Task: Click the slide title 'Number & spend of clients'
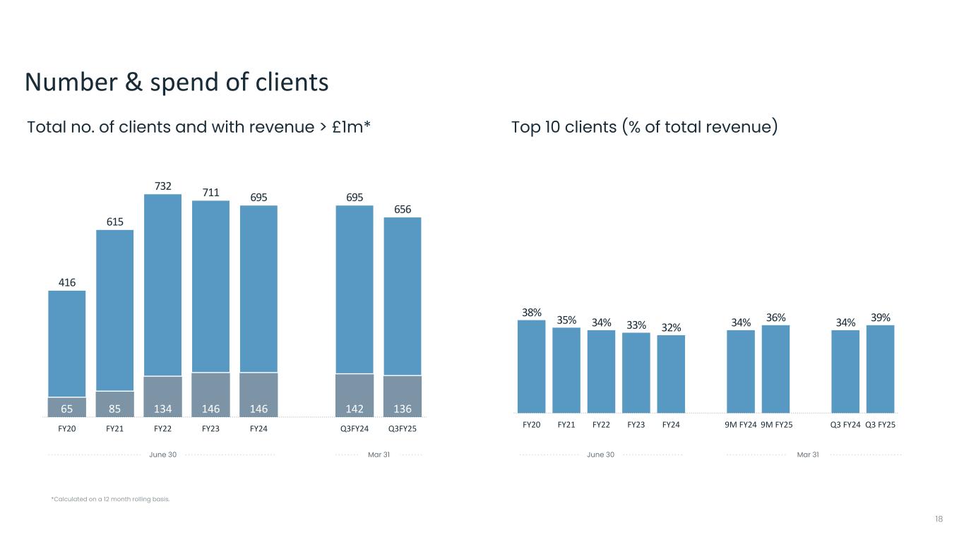[177, 83]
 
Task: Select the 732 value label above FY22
[162, 186]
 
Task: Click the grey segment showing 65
[66, 407]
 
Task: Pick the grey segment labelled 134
[162, 397]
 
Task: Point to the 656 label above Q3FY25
[402, 209]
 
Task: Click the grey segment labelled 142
[354, 395]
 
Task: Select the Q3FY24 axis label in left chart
[354, 428]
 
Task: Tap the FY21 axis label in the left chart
[115, 428]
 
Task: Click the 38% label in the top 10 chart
[532, 312]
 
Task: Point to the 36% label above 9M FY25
[775, 318]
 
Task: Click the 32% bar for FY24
[671, 373]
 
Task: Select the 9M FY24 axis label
[741, 425]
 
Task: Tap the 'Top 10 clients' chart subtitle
[644, 128]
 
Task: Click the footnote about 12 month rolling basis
[110, 500]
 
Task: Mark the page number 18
[939, 519]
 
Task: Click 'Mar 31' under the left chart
[379, 454]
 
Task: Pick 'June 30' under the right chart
[600, 454]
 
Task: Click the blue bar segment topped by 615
[115, 311]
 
